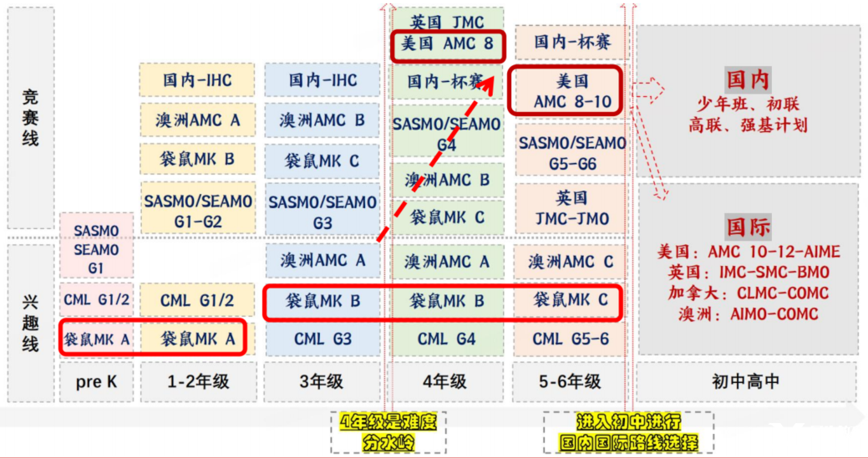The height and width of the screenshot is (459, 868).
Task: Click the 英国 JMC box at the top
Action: tap(447, 20)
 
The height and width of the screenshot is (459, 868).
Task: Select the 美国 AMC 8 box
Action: tap(447, 44)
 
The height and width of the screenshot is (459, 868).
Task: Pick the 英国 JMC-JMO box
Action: tap(571, 208)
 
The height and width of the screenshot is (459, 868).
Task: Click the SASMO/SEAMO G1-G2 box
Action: tap(198, 211)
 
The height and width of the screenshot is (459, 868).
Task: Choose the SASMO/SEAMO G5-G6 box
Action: tap(571, 152)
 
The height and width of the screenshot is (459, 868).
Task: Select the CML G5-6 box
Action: tap(571, 339)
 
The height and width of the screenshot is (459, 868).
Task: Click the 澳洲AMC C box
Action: tap(571, 262)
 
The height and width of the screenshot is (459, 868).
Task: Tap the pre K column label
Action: tap(94, 382)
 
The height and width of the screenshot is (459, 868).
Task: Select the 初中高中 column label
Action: tap(746, 382)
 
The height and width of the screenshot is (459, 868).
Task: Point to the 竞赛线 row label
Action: tap(30, 117)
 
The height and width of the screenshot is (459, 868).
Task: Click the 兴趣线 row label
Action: tap(30, 322)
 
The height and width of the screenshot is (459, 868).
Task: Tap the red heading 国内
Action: tap(748, 81)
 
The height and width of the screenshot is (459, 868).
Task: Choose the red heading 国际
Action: tap(748, 227)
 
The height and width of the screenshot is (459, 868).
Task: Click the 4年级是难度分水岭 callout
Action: tap(388, 431)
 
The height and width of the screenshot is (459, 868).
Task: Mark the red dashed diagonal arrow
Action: tap(434, 159)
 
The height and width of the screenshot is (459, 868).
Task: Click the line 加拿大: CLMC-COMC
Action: tap(748, 293)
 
